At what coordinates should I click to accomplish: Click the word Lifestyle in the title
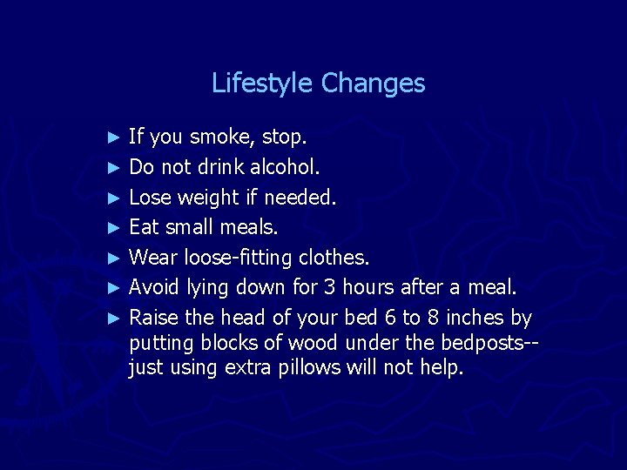263,84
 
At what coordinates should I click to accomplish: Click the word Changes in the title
373,84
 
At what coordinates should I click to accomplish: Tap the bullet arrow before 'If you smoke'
111,138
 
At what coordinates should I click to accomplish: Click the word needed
300,198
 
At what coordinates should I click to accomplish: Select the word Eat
145,228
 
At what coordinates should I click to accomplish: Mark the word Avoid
153,288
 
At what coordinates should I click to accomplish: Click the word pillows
308,368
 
